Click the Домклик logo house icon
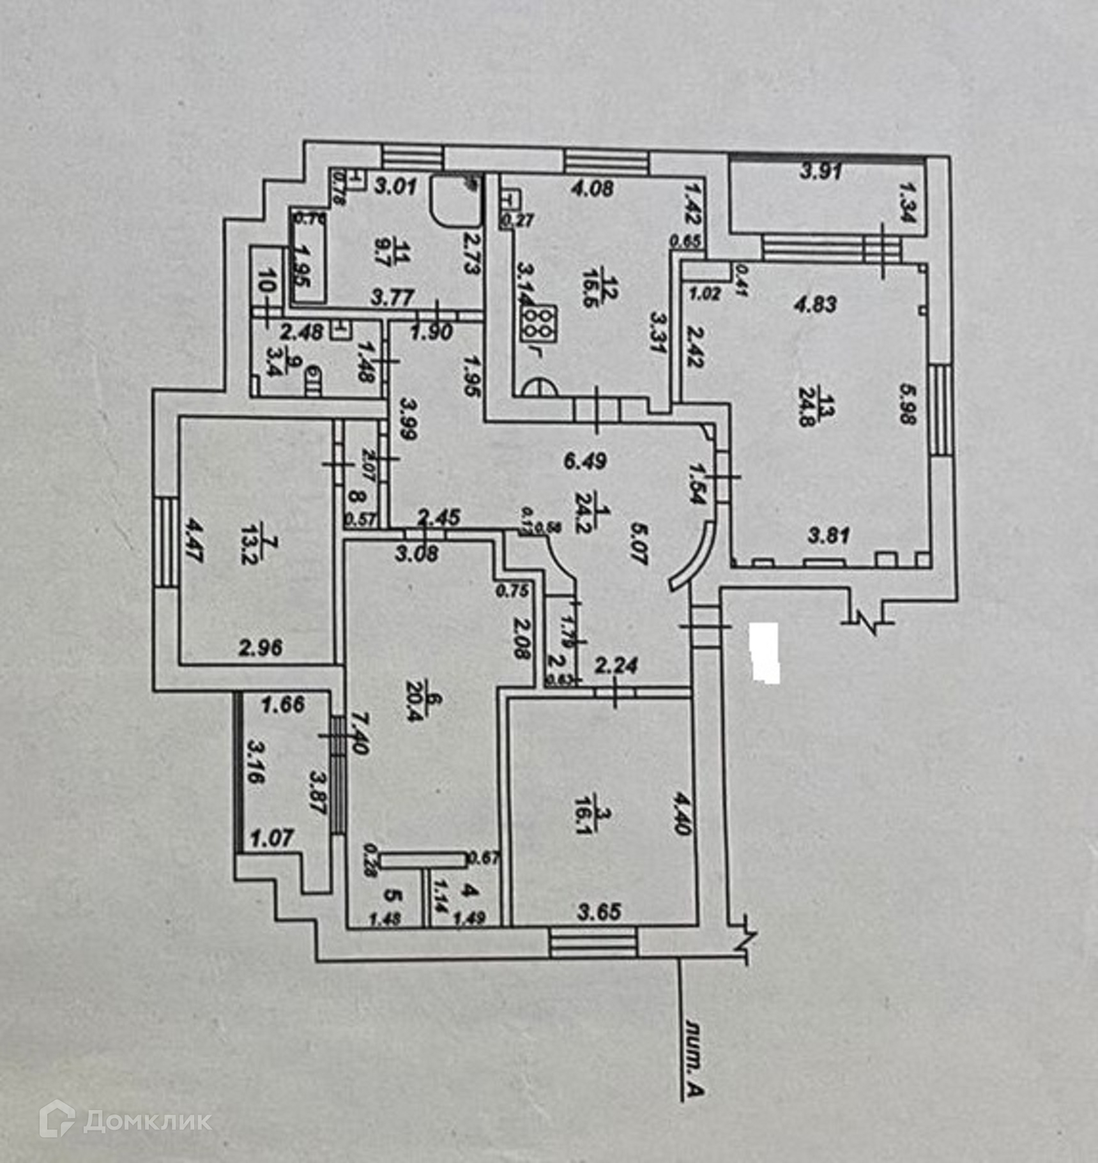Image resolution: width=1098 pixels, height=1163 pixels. (x=57, y=1118)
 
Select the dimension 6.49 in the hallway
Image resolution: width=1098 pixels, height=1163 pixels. (x=585, y=460)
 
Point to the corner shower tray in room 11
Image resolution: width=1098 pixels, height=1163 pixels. (x=455, y=200)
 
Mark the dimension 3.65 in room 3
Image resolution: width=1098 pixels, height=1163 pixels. (x=599, y=911)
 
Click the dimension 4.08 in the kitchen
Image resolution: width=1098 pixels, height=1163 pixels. (x=593, y=188)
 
